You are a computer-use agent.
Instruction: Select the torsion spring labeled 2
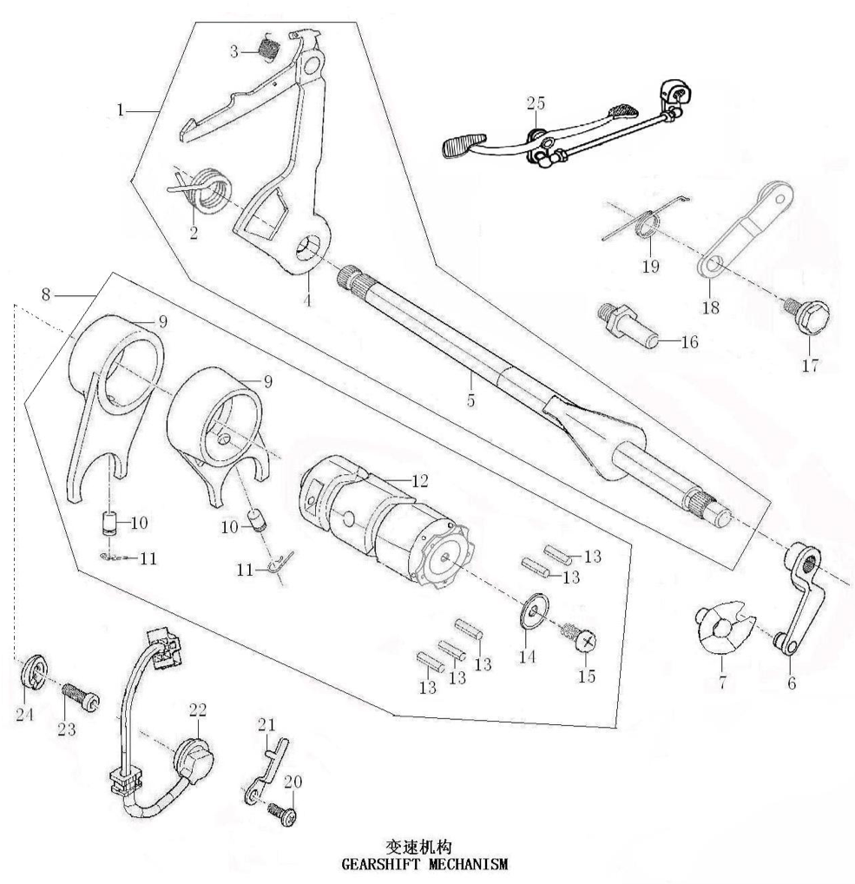[208, 191]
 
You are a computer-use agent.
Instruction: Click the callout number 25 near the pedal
[535, 103]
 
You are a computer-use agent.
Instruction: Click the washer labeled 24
[33, 670]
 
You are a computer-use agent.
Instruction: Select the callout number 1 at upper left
[121, 110]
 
